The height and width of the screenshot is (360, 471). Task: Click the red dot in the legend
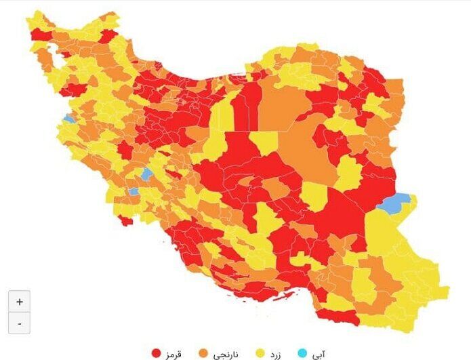(156, 353)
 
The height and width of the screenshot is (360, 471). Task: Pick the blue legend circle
(302, 353)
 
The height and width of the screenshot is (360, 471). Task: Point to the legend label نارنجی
(226, 353)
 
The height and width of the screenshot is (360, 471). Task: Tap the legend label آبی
(317, 353)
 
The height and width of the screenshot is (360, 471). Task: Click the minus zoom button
(19, 324)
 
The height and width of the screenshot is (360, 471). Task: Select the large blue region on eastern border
(394, 202)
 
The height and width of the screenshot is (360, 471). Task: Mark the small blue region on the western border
(68, 119)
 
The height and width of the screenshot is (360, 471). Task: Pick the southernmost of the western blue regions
(134, 192)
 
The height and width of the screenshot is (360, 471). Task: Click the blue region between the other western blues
(146, 174)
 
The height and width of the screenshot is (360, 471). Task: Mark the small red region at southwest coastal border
(124, 220)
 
